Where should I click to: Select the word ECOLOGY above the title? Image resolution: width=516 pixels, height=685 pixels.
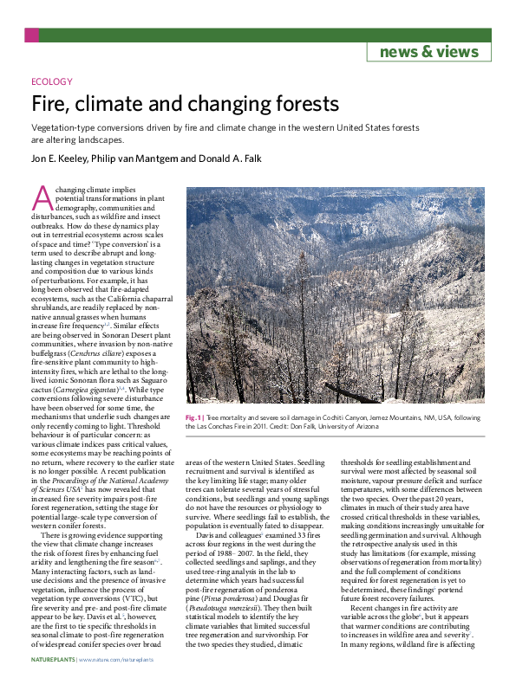51,82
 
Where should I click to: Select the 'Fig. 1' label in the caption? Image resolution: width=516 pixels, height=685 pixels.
194,417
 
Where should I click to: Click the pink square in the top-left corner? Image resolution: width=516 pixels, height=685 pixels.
31,36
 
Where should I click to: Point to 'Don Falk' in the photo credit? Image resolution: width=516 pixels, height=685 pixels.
347,426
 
